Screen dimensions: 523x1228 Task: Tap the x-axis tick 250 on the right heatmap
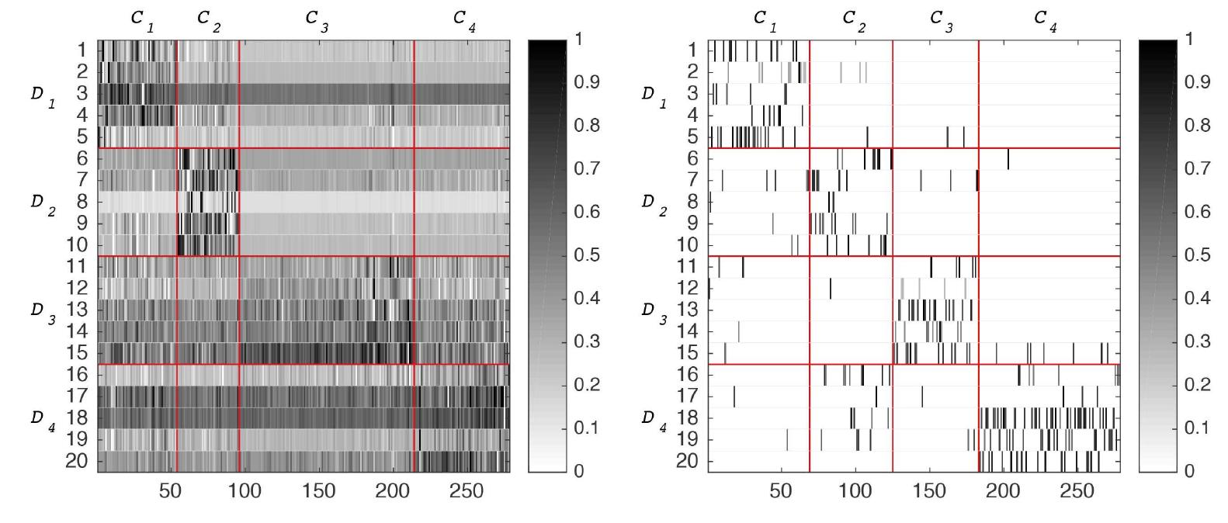(x=1077, y=491)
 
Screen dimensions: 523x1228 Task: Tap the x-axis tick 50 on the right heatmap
(x=781, y=491)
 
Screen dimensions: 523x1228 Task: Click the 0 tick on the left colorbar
(x=578, y=471)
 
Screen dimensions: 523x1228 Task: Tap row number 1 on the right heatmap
(x=693, y=50)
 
